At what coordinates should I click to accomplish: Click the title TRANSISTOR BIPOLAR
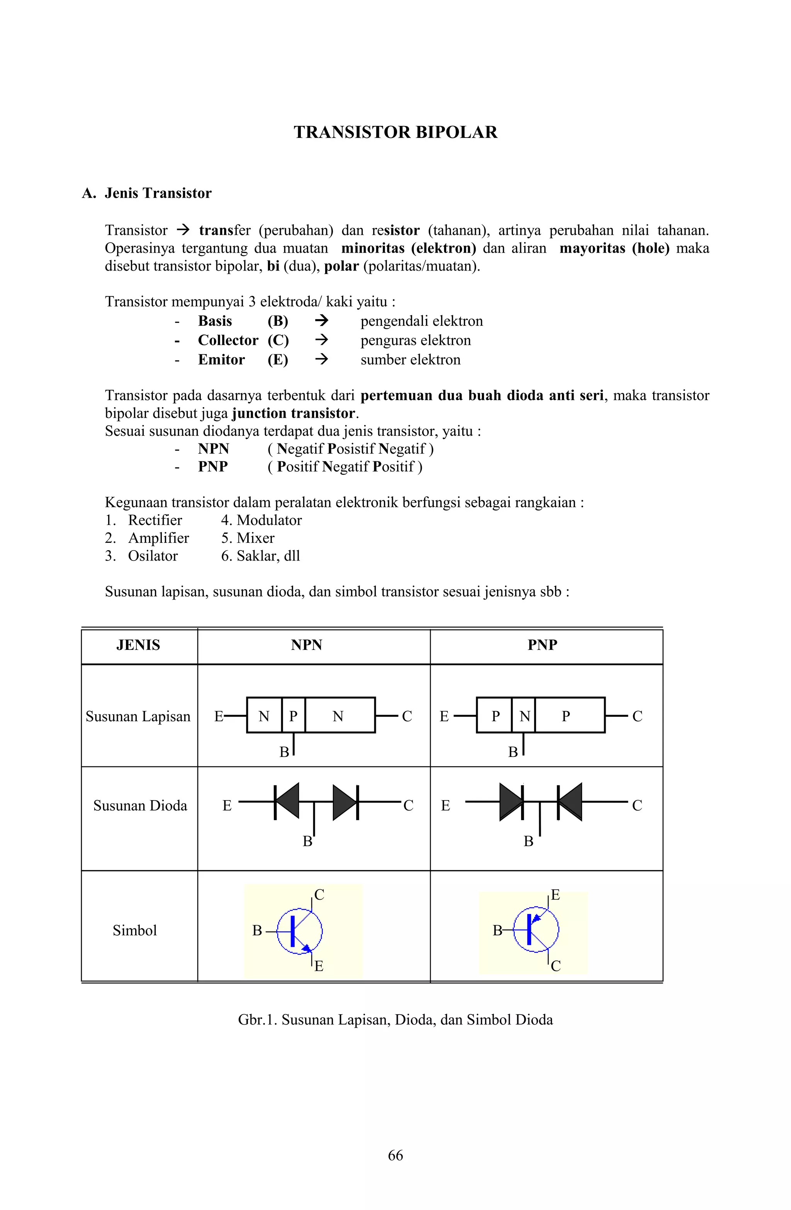pyautogui.click(x=395, y=132)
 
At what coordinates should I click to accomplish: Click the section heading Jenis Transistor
pyautogui.click(x=158, y=193)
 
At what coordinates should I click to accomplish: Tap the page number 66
pyautogui.click(x=395, y=1155)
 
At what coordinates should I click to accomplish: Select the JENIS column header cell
pyautogui.click(x=138, y=645)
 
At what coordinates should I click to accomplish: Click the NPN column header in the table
pyautogui.click(x=307, y=645)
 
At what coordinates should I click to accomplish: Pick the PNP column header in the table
pyautogui.click(x=542, y=645)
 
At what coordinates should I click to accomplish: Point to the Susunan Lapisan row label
pyautogui.click(x=138, y=716)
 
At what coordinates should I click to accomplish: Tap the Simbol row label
pyautogui.click(x=135, y=930)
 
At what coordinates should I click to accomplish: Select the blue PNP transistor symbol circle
pyautogui.click(x=536, y=930)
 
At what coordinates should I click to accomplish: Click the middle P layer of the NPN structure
pyautogui.click(x=293, y=716)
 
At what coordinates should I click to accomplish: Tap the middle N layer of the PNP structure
pyautogui.click(x=524, y=716)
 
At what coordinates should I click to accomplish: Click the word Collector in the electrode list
pyautogui.click(x=228, y=340)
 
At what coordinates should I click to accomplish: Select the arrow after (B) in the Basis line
pyautogui.click(x=321, y=321)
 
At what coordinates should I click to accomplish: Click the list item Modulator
pyautogui.click(x=269, y=520)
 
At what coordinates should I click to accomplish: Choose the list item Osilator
pyautogui.click(x=153, y=556)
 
